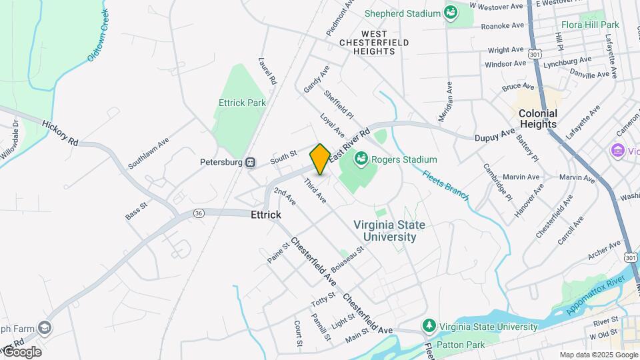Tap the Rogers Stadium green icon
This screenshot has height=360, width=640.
[x=361, y=159]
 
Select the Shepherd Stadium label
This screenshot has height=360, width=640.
[x=403, y=13]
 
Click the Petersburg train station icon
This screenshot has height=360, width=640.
[x=251, y=161]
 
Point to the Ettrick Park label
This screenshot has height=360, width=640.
[x=242, y=103]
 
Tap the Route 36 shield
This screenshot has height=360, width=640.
[x=199, y=213]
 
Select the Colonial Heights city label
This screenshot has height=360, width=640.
[x=538, y=119]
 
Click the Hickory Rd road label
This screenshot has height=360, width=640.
[x=60, y=133]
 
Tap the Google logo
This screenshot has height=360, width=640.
[x=22, y=351]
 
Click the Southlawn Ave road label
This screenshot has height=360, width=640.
[x=149, y=153]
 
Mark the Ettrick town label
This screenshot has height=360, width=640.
[x=266, y=215]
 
